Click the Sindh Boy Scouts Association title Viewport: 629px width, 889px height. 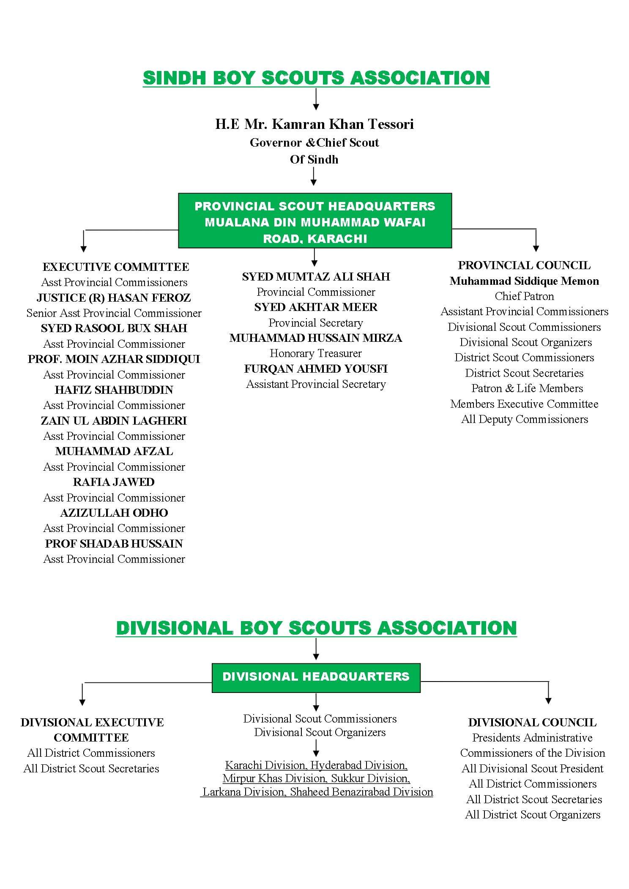(316, 79)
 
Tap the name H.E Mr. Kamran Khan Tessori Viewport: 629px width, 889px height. (314, 124)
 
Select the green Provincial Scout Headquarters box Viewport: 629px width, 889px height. (315, 221)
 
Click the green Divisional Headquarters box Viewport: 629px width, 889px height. (316, 676)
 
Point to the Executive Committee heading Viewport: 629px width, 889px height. (115, 267)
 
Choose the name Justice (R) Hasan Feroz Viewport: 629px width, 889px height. (114, 297)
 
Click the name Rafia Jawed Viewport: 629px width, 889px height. (114, 482)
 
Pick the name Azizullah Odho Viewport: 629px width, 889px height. (114, 513)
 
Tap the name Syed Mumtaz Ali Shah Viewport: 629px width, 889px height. (316, 276)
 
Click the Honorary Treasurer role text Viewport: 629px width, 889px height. (316, 353)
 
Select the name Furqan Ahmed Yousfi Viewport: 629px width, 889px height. (316, 368)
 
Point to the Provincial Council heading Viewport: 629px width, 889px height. (524, 265)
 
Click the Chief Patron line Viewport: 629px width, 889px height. (524, 296)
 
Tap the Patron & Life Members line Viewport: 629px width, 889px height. (527, 388)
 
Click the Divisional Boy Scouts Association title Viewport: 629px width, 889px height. (316, 628)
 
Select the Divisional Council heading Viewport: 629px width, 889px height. (532, 722)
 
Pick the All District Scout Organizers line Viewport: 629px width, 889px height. (533, 814)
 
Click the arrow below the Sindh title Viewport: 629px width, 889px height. (316, 100)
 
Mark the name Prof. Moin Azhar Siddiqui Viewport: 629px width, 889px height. (114, 359)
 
